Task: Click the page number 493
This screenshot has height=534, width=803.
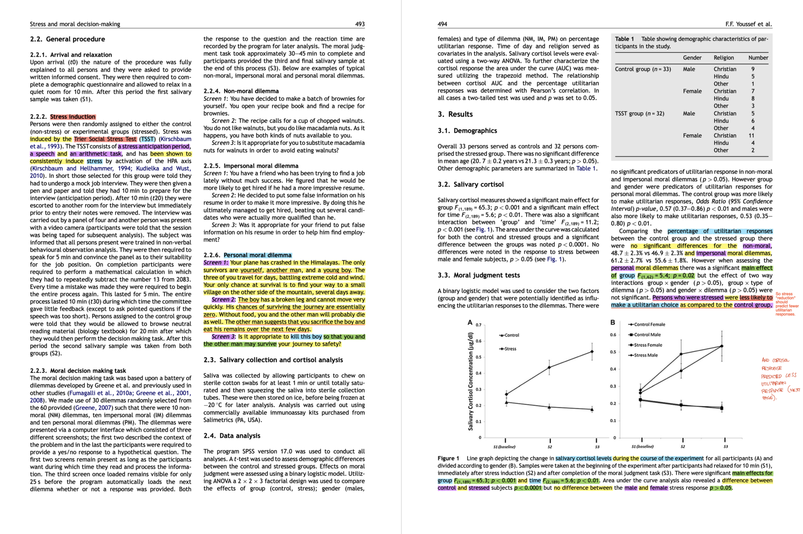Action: pyautogui.click(x=360, y=24)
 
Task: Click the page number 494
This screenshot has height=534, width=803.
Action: pyautogui.click(x=442, y=24)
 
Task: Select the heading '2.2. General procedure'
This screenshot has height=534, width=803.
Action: pyautogui.click(x=67, y=39)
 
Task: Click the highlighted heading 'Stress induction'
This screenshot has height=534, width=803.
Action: pyautogui.click(x=73, y=117)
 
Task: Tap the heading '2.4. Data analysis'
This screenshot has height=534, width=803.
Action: pyautogui.click(x=232, y=436)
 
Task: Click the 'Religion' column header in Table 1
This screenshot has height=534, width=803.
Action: pyautogui.click(x=723, y=58)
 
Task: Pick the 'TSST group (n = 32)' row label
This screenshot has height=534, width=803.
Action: pyautogui.click(x=639, y=113)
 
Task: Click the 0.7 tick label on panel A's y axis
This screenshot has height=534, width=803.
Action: pyautogui.click(x=478, y=325)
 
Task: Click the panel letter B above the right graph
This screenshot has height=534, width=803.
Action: pyautogui.click(x=612, y=322)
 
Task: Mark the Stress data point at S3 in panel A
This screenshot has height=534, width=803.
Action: pyautogui.click(x=592, y=351)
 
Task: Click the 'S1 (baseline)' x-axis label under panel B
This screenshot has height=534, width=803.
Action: pyautogui.click(x=642, y=447)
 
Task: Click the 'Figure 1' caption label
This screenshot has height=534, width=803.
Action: pyautogui.click(x=448, y=458)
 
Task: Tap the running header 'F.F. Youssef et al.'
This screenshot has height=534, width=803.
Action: pyautogui.click(x=748, y=24)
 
